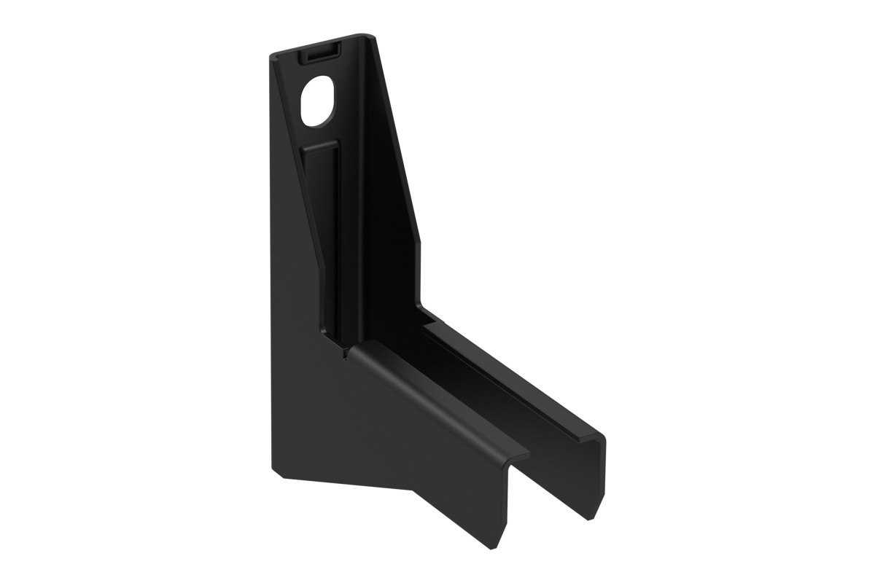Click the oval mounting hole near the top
(x=319, y=100)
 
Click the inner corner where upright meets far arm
(x=423, y=309)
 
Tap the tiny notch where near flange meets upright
(x=341, y=355)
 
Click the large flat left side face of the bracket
(x=292, y=291)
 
